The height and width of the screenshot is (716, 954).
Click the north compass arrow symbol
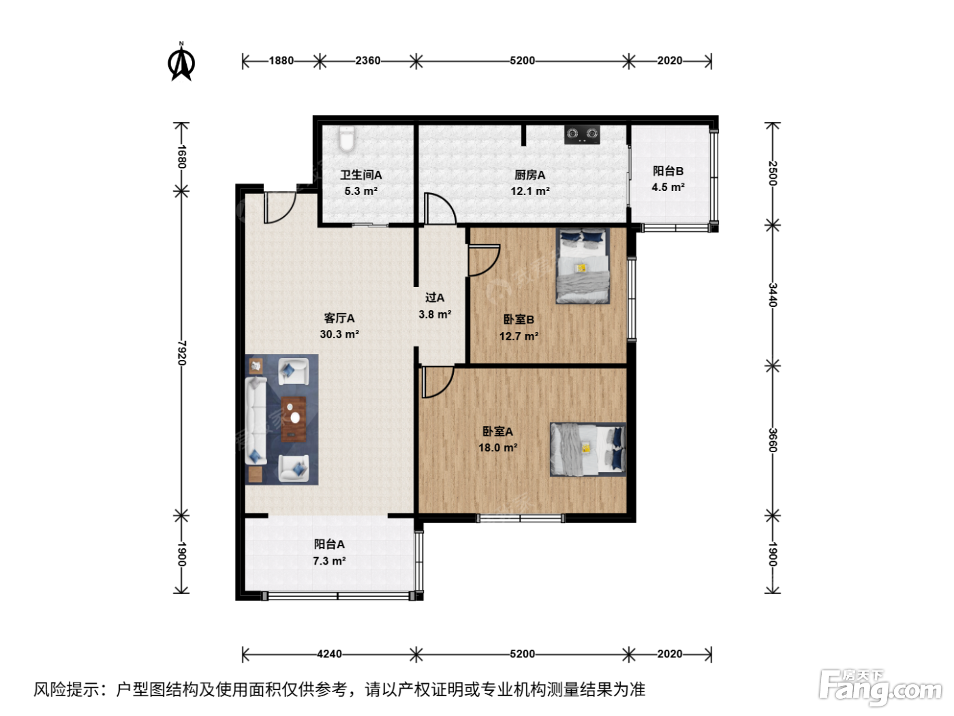[x=181, y=62]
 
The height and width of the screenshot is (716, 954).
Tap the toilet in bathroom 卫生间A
[x=346, y=139]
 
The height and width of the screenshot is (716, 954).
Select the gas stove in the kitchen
[x=581, y=134]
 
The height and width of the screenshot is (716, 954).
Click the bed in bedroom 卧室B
[x=583, y=266]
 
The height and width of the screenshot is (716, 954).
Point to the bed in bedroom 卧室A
[x=587, y=449]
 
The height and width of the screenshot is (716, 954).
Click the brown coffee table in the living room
[x=294, y=419]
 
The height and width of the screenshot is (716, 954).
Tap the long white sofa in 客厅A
[x=256, y=420]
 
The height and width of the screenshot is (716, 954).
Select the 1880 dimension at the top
[x=281, y=61]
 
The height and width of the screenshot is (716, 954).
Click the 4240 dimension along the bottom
[x=329, y=654]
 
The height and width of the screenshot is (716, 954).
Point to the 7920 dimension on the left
[x=182, y=353]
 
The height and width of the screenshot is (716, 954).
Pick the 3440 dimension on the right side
[x=772, y=295]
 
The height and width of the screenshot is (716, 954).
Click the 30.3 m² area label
[x=339, y=334]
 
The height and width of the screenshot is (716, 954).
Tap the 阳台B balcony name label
[x=668, y=171]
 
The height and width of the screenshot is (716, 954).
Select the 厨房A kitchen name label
[x=529, y=175]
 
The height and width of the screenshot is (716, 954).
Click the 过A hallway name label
[x=435, y=298]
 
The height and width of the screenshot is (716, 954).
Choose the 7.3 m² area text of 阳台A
[x=329, y=561]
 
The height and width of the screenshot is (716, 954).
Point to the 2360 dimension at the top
[x=368, y=61]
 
